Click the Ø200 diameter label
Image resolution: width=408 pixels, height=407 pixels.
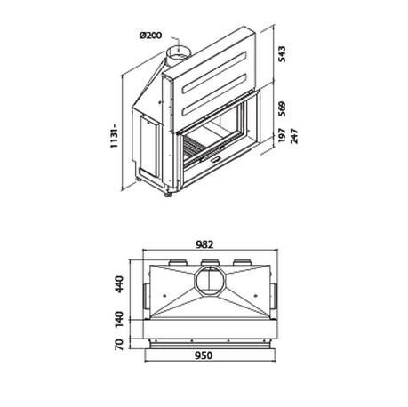[151, 36]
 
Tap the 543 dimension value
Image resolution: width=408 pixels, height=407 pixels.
[283, 54]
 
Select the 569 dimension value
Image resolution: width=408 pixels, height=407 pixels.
[283, 109]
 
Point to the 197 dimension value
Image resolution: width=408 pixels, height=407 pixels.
[283, 135]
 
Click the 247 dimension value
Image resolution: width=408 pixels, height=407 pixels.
[294, 136]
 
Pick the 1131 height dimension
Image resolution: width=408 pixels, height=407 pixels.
[115, 136]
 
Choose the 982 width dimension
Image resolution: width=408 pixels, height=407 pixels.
[204, 244]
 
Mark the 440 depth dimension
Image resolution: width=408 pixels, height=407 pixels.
[119, 284]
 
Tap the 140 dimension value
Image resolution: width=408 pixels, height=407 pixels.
[119, 319]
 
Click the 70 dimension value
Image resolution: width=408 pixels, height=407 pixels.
[119, 345]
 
